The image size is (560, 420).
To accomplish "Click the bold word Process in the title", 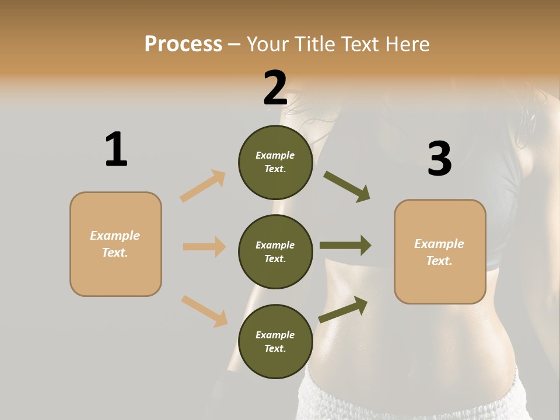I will [x=183, y=44].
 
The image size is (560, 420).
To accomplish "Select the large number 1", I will [x=116, y=149].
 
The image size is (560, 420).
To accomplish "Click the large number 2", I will [x=275, y=87].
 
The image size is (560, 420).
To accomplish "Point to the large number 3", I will [x=439, y=159].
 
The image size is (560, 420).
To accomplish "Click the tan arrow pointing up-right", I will [x=203, y=186].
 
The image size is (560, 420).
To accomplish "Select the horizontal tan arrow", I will [x=204, y=247].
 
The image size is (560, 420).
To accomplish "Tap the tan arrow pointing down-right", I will [x=204, y=311].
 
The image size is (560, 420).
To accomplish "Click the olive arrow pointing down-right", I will [x=346, y=187].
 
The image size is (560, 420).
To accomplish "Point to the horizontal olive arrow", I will [x=345, y=246].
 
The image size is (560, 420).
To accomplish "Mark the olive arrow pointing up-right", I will [x=343, y=309].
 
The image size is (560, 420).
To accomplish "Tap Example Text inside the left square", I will [x=115, y=244].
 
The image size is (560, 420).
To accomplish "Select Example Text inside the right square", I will [x=439, y=252].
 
